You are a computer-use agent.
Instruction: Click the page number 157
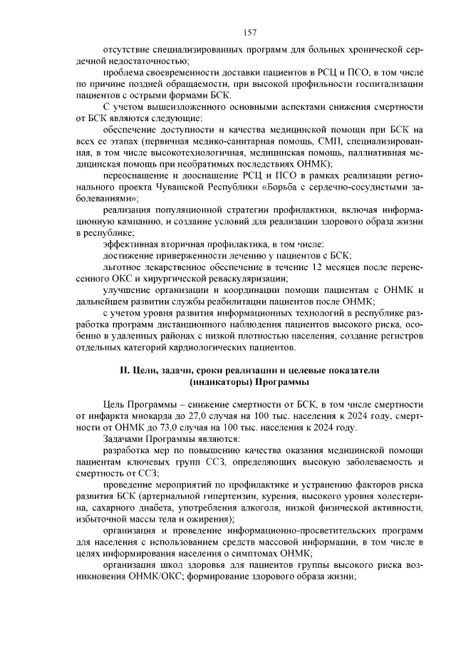point(249,31)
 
